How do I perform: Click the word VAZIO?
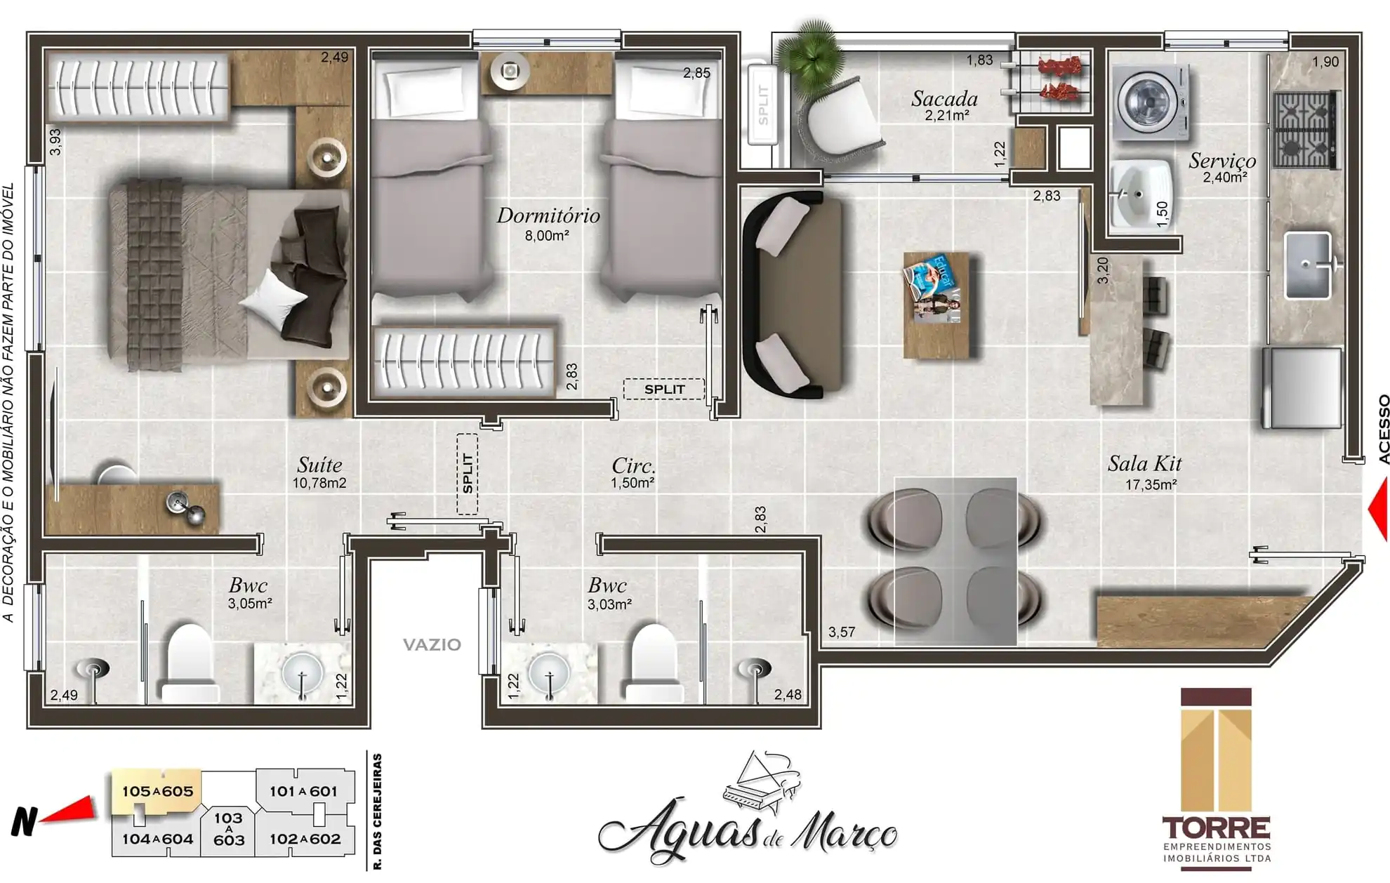432,644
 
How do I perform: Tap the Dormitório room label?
548,215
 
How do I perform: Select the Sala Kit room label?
1144,464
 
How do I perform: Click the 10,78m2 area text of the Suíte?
319,483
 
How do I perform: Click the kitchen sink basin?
1307,265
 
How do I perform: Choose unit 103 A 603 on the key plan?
229,829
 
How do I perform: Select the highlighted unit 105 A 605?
157,792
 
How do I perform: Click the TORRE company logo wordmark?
1216,828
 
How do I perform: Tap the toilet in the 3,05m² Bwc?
190,663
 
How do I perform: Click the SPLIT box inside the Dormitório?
664,389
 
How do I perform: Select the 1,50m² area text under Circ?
632,483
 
